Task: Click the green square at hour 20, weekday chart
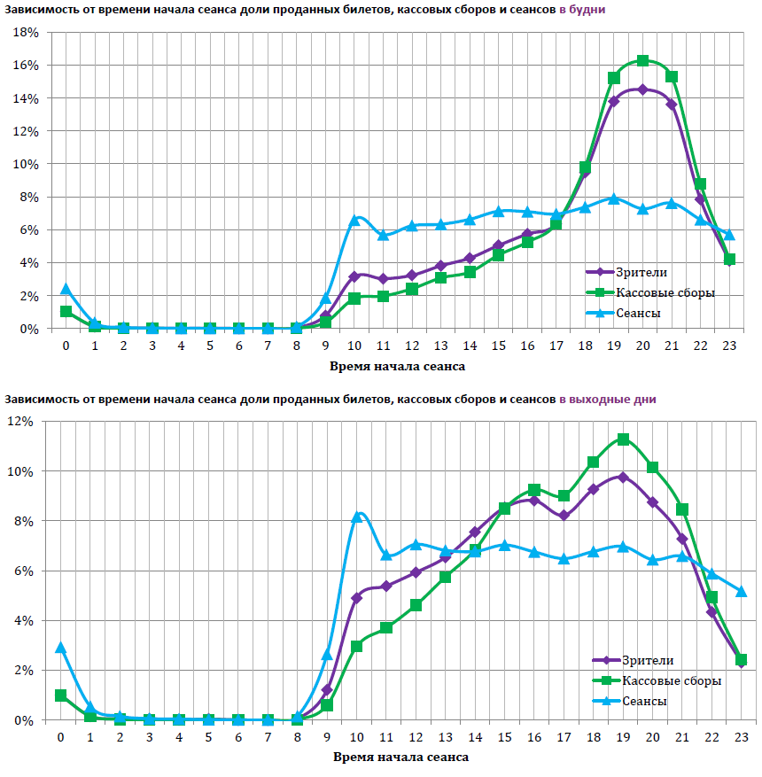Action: coord(642,61)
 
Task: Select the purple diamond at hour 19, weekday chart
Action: coord(614,101)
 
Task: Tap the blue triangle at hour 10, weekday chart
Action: coord(354,219)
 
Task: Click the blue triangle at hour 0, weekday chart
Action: coord(66,289)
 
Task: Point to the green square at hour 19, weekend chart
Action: coord(623,439)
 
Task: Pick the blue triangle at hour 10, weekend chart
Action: coord(357,516)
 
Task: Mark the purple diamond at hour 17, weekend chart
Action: coord(564,516)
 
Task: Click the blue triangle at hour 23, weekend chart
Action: coord(742,591)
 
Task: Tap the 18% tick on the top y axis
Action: coord(25,33)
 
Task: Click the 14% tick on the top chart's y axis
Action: coord(25,98)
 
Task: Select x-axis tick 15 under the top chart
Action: coord(498,346)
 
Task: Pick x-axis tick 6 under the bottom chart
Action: coord(238,737)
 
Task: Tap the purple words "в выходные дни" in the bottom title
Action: coord(608,400)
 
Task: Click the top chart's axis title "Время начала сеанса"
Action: coord(397,365)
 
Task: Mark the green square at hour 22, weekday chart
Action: coord(700,184)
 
